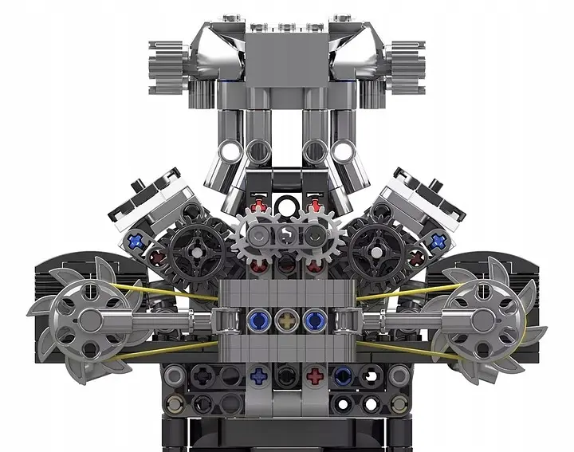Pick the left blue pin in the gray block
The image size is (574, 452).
[x=259, y=320]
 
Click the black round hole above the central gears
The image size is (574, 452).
[x=285, y=207]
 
